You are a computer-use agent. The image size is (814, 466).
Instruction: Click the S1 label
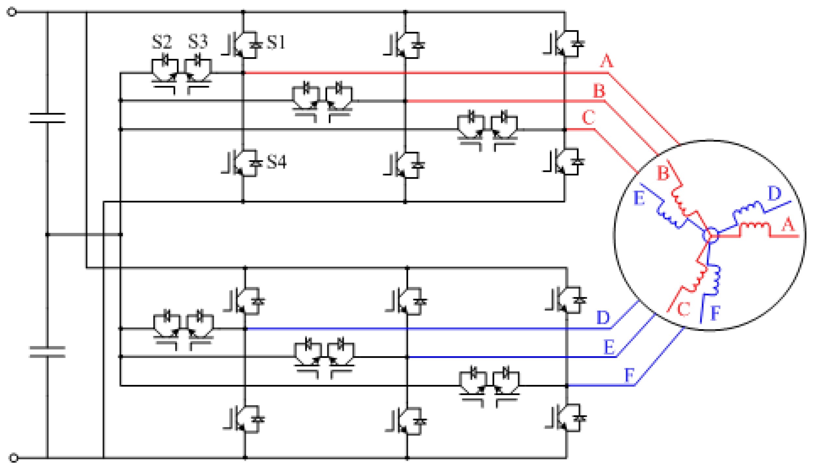pyautogui.click(x=276, y=42)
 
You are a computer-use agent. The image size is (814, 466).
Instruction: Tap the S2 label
pyautogui.click(x=162, y=42)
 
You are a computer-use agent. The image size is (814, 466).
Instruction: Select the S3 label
pyautogui.click(x=198, y=42)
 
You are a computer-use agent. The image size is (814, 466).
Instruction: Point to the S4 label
pyautogui.click(x=277, y=162)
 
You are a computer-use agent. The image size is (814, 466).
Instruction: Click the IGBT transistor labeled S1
pyautogui.click(x=243, y=45)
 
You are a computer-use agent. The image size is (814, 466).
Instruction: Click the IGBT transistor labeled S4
pyautogui.click(x=243, y=163)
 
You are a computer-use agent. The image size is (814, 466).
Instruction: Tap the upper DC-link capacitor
pyautogui.click(x=47, y=118)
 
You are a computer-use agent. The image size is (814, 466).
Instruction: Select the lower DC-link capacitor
pyautogui.click(x=47, y=352)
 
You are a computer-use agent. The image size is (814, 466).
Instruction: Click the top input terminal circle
pyautogui.click(x=11, y=12)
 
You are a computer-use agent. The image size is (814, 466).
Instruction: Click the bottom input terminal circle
pyautogui.click(x=13, y=457)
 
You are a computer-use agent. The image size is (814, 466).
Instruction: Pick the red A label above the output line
pyautogui.click(x=607, y=61)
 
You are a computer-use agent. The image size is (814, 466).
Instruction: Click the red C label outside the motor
pyautogui.click(x=588, y=118)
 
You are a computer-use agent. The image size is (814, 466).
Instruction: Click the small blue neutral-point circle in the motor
pyautogui.click(x=710, y=235)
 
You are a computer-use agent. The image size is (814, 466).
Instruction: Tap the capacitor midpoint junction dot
pyautogui.click(x=48, y=235)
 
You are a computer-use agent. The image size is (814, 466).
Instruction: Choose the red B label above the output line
pyautogui.click(x=599, y=91)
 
